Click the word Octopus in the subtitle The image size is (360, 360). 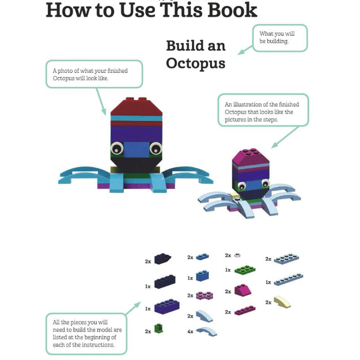click(x=195, y=64)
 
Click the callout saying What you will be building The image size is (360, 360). click(x=280, y=38)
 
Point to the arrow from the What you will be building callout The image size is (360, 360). click(x=245, y=50)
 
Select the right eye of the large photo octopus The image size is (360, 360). click(x=156, y=148)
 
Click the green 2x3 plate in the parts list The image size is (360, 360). click(x=245, y=269)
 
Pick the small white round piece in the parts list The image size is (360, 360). click(x=237, y=255)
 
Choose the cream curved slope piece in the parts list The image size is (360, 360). click(x=283, y=301)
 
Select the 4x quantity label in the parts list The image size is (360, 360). click(x=190, y=331)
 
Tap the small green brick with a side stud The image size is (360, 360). click(x=158, y=328)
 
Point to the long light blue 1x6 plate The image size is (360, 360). click(x=288, y=279)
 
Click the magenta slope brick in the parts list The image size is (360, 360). click(x=243, y=290)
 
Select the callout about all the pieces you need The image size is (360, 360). click(x=86, y=333)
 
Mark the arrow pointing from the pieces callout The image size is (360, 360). click(x=133, y=308)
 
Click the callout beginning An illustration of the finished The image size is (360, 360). click(x=263, y=110)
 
